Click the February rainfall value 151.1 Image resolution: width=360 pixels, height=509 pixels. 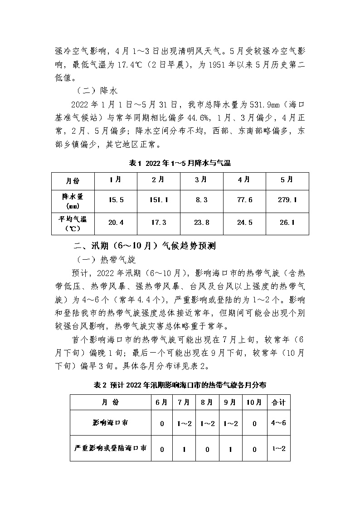pyautogui.click(x=158, y=200)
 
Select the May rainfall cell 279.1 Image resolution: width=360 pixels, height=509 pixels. pyautogui.click(x=287, y=200)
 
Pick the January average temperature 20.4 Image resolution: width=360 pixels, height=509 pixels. pyautogui.click(x=115, y=223)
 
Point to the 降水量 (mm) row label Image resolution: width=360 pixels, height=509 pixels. pyautogui.click(x=73, y=200)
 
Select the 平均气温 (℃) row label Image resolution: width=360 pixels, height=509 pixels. pyautogui.click(x=73, y=223)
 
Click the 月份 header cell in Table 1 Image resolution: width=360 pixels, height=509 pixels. pyautogui.click(x=73, y=180)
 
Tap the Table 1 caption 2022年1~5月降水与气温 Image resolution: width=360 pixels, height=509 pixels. pyautogui.click(x=180, y=163)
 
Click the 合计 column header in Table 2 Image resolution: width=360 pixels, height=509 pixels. pyautogui.click(x=278, y=402)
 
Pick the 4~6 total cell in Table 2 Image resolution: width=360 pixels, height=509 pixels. pyautogui.click(x=278, y=423)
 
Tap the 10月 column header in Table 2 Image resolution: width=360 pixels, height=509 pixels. pyautogui.click(x=254, y=402)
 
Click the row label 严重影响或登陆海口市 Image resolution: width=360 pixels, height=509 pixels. pyautogui.click(x=111, y=448)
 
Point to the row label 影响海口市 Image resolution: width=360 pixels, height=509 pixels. pyautogui.click(x=111, y=423)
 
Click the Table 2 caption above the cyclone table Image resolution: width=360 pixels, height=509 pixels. pyautogui.click(x=180, y=385)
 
